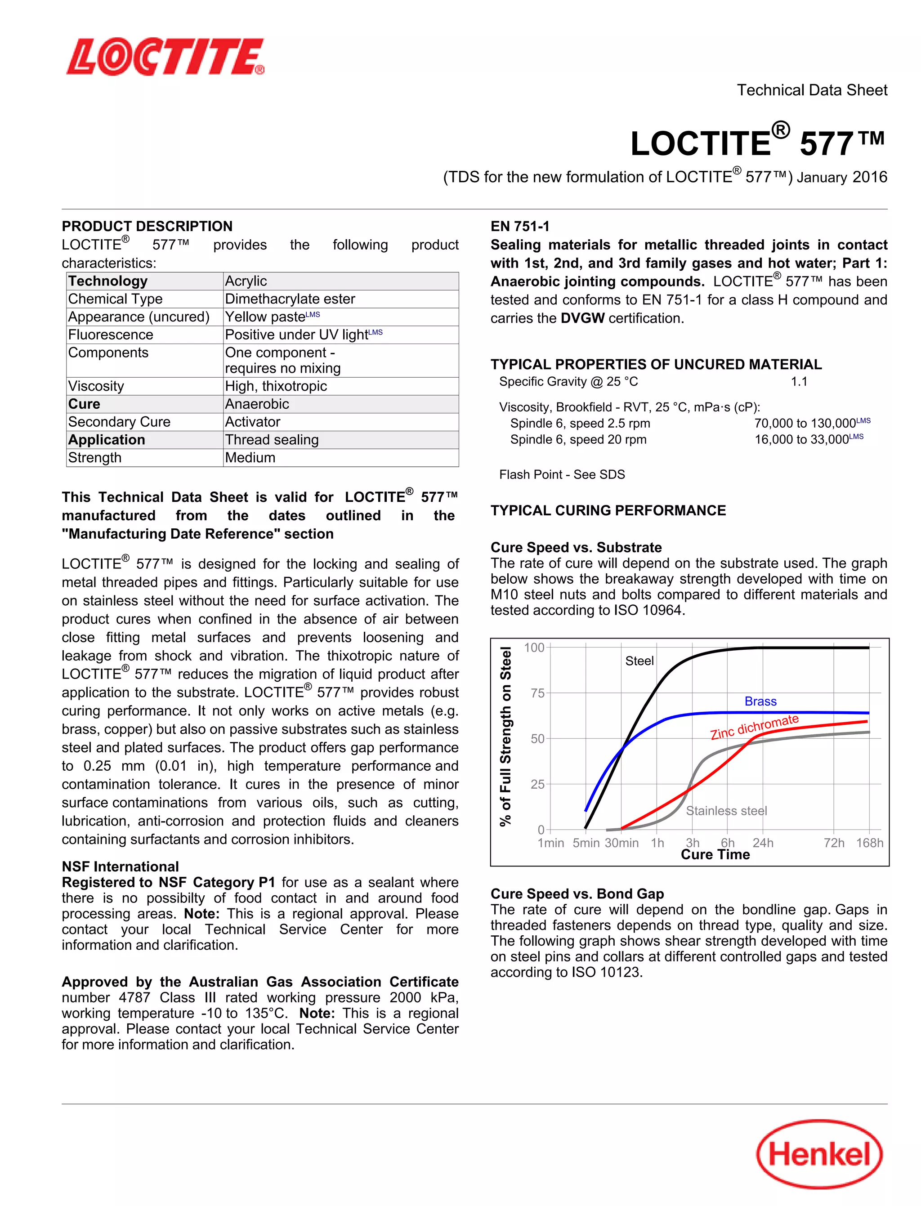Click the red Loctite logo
point(165,57)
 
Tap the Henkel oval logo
point(819,1154)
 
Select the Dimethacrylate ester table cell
point(290,299)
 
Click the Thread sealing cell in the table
point(272,440)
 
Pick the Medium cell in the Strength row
point(250,457)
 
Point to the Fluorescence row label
point(111,335)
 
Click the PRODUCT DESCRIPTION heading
point(147,226)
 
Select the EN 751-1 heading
point(520,226)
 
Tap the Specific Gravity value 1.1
point(799,381)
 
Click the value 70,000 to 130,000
point(805,423)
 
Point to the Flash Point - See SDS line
point(562,474)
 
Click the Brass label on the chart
point(760,701)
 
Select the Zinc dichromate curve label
point(754,727)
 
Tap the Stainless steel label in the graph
point(726,810)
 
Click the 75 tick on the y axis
point(537,693)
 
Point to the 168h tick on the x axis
point(869,843)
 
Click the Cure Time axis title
point(715,855)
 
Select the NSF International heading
point(120,866)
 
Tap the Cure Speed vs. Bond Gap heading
point(577,893)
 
